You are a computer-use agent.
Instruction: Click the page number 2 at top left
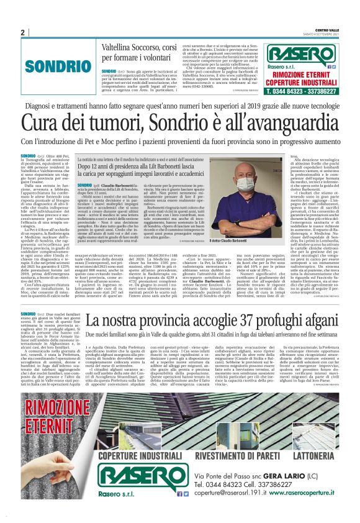pos(22,32)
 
